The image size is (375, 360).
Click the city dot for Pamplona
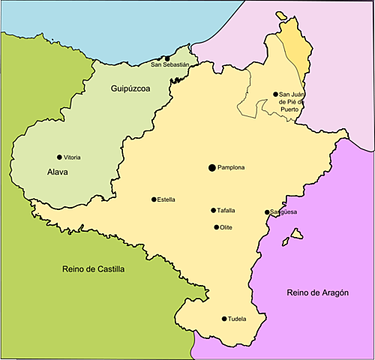pyautogui.click(x=212, y=167)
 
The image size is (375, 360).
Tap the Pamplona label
pyautogui.click(x=232, y=167)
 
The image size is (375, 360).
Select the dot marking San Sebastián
pyautogui.click(x=168, y=58)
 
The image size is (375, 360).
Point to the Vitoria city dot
pyautogui.click(x=59, y=157)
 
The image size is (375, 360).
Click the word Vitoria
pyautogui.click(x=73, y=157)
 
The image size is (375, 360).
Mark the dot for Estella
pyautogui.click(x=153, y=199)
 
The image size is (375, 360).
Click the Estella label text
pyautogui.click(x=166, y=199)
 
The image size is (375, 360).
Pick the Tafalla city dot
pyautogui.click(x=213, y=211)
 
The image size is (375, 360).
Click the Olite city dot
pyautogui.click(x=217, y=227)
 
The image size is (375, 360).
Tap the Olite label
pyautogui.click(x=227, y=227)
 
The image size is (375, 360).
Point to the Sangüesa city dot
pyautogui.click(x=267, y=212)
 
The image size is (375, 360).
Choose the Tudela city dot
pyautogui.click(x=224, y=319)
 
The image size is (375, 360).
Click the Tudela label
pyautogui.click(x=237, y=319)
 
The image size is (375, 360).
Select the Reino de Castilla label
pyautogui.click(x=94, y=268)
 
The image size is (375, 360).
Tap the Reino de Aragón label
pyautogui.click(x=317, y=292)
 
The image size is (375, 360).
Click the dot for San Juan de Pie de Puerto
pyautogui.click(x=275, y=94)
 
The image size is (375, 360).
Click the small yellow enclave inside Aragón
pyautogui.click(x=297, y=234)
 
